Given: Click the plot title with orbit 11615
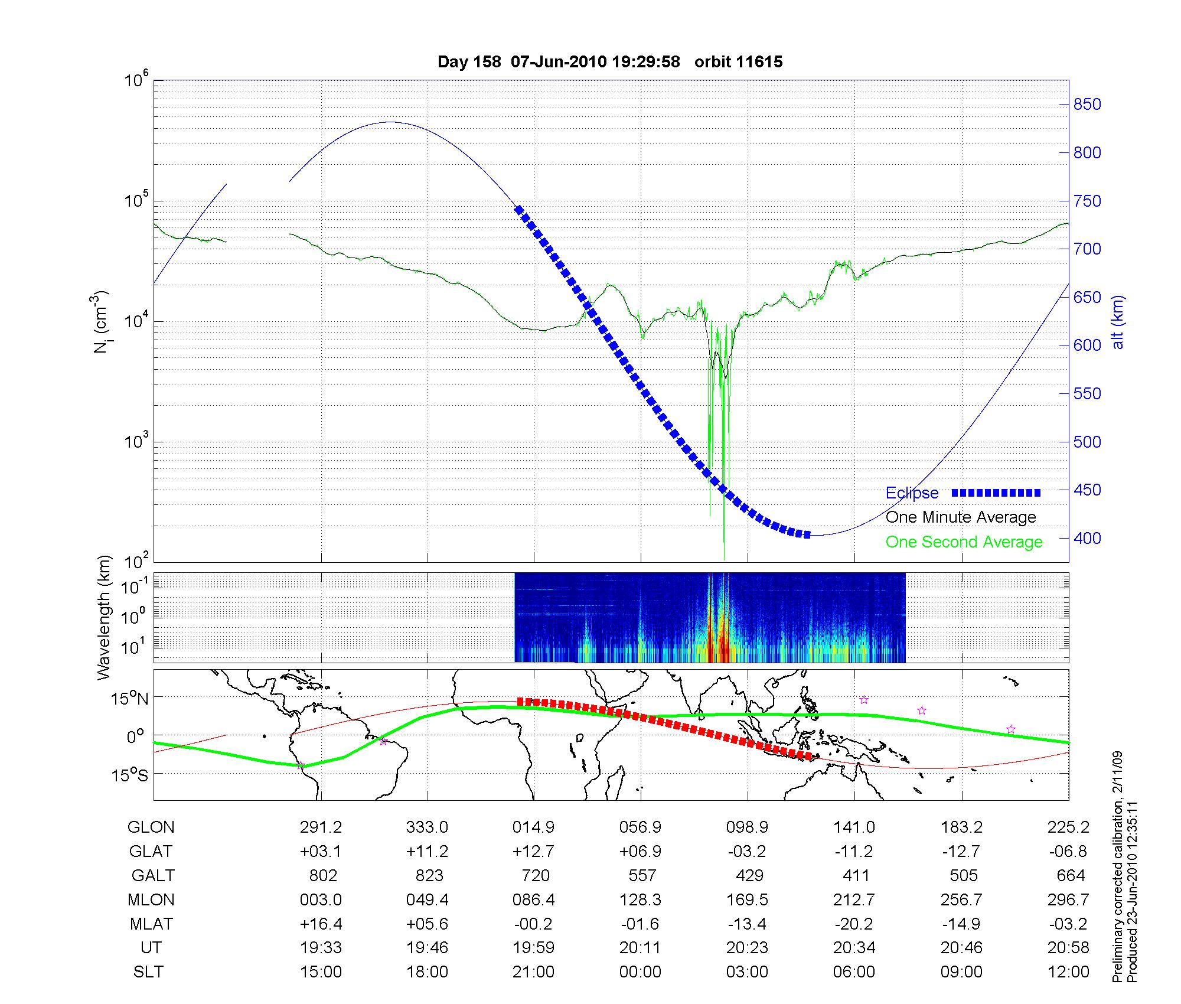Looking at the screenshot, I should click(610, 62).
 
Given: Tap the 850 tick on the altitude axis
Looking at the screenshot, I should click(1087, 105).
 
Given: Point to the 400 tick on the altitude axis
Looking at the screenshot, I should click(1087, 538).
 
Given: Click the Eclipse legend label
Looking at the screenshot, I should click(912, 493).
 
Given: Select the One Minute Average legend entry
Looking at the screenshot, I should click(961, 517).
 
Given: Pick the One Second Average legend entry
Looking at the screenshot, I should click(964, 542).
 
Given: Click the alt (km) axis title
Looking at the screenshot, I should click(1118, 322).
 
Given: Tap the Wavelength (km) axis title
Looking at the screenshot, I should click(104, 617).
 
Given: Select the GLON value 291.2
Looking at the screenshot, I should click(321, 827).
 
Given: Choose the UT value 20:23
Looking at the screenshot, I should click(748, 947).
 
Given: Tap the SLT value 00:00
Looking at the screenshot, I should click(640, 972).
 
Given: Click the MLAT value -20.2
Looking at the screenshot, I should click(854, 924).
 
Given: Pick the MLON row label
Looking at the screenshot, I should click(151, 899).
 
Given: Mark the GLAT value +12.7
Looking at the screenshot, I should click(534, 851).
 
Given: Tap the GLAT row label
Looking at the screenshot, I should click(151, 851).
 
